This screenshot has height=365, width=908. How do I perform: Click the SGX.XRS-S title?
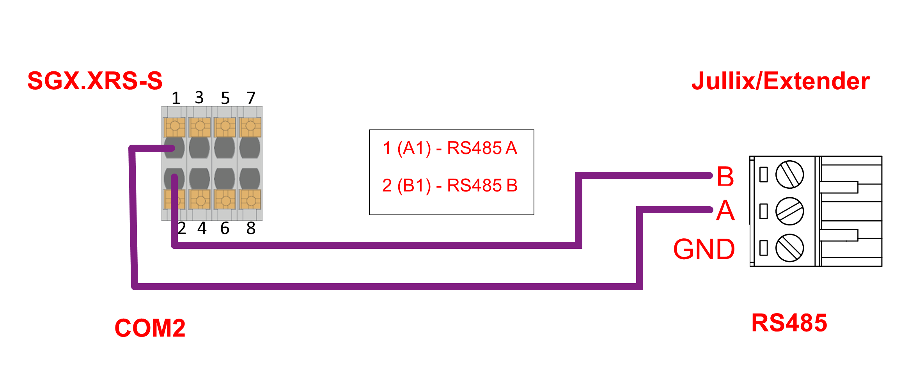pos(95,81)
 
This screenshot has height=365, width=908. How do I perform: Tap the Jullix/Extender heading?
pos(780,81)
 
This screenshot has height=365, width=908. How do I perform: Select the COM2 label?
pos(150,328)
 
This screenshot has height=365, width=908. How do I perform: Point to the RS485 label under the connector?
pos(789,323)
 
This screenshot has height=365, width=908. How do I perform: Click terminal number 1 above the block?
pos(176,98)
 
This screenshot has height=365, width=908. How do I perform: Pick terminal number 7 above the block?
pos(251,98)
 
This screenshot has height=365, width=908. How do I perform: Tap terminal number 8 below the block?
pos(251,228)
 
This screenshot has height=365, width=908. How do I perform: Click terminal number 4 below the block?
pos(202,228)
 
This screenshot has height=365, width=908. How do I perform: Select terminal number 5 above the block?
pos(225,98)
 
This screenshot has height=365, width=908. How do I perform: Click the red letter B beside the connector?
pos(725,176)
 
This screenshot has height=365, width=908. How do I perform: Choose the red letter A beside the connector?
pos(725,211)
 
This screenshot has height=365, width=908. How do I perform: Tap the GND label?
pos(704,250)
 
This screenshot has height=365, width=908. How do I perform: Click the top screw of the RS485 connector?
pos(789,174)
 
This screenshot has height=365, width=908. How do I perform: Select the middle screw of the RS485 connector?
pos(789,211)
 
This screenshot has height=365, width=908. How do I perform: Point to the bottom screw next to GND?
pos(789,248)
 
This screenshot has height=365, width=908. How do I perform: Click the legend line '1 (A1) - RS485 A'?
pos(450,148)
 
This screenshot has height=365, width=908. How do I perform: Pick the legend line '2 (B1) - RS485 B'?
pos(450,186)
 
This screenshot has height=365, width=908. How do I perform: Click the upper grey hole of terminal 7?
pos(250,148)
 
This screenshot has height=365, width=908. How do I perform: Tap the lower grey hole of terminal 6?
pos(225,179)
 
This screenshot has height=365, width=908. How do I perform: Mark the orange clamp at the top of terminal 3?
pos(200,126)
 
